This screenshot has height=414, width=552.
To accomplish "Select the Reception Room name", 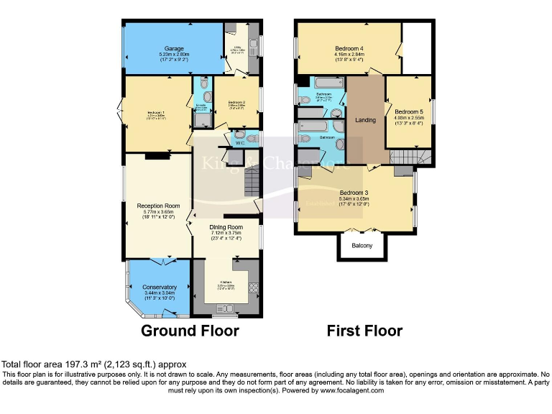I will coord(158,206).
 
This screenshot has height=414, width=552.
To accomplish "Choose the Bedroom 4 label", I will coord(349,49).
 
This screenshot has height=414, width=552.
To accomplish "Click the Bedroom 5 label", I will coord(408,111).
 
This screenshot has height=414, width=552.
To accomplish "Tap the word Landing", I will coord(367,120).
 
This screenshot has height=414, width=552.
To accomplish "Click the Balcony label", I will coord(362,246).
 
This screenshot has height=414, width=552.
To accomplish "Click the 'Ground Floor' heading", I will coord(190,331).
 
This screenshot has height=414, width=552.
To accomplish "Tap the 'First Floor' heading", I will coord(364,331).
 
